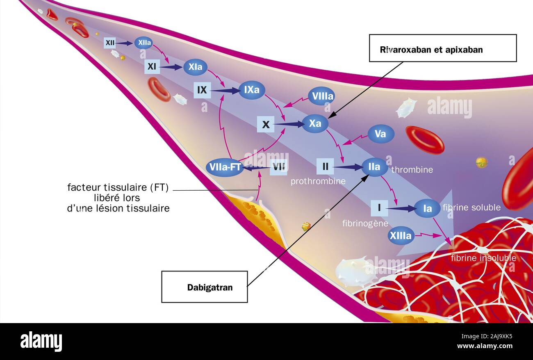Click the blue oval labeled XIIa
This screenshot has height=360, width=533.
coord(143,43)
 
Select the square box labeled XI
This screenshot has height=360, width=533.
coord(152,66)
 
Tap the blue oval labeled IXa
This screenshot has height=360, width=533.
coord(252,90)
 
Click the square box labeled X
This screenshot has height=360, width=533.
coord(266,124)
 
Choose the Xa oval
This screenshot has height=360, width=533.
coord(315,123)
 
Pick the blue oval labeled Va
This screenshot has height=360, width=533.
coord(380,134)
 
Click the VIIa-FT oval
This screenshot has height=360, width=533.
coord(225,167)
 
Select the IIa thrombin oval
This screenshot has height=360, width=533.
coord(374,167)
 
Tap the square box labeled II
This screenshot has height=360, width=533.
coord(325,166)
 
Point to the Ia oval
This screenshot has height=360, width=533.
coord(427,208)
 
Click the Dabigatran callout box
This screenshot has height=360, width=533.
coord(204,287)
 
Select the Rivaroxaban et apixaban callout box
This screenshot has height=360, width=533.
coord(442,48)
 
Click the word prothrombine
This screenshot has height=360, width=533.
coord(318,181)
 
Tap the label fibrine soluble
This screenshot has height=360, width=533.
coord(471,207)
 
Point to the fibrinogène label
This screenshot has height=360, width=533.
coord(365,223)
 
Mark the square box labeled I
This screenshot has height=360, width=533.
coord(379,208)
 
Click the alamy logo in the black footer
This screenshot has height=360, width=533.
coord(41,342)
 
